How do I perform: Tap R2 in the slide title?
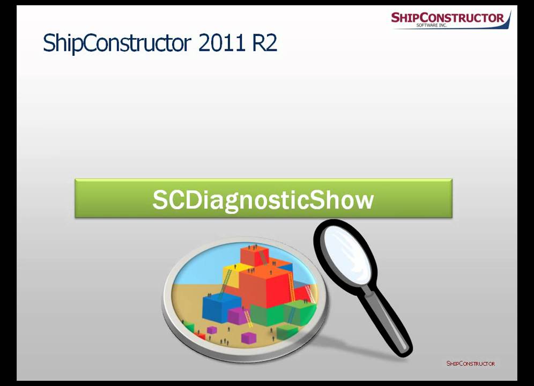tap(264, 43)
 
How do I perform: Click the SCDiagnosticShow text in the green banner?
tap(263, 199)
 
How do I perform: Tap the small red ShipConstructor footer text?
tap(470, 363)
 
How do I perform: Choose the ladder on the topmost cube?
tap(262, 257)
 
